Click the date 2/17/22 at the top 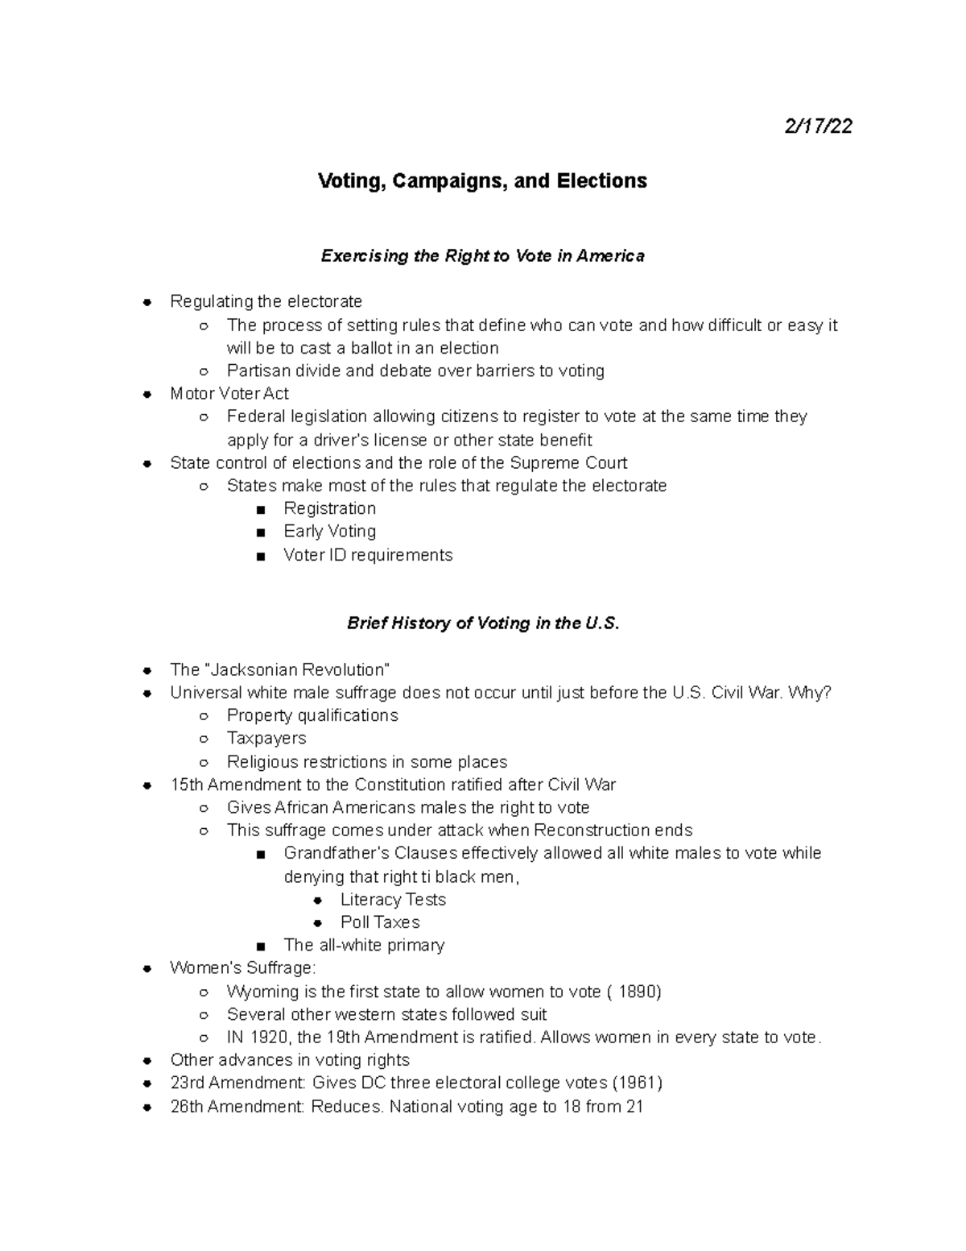point(818,126)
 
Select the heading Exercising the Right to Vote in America point(482,256)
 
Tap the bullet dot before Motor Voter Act point(147,395)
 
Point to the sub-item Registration point(329,508)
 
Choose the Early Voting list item point(329,532)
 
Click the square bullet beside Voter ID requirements point(259,556)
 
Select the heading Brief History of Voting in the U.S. point(483,623)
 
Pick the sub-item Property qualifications point(312,715)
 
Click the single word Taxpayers point(266,739)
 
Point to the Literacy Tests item point(393,900)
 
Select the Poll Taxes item point(380,922)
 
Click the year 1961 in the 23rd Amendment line point(637,1083)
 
